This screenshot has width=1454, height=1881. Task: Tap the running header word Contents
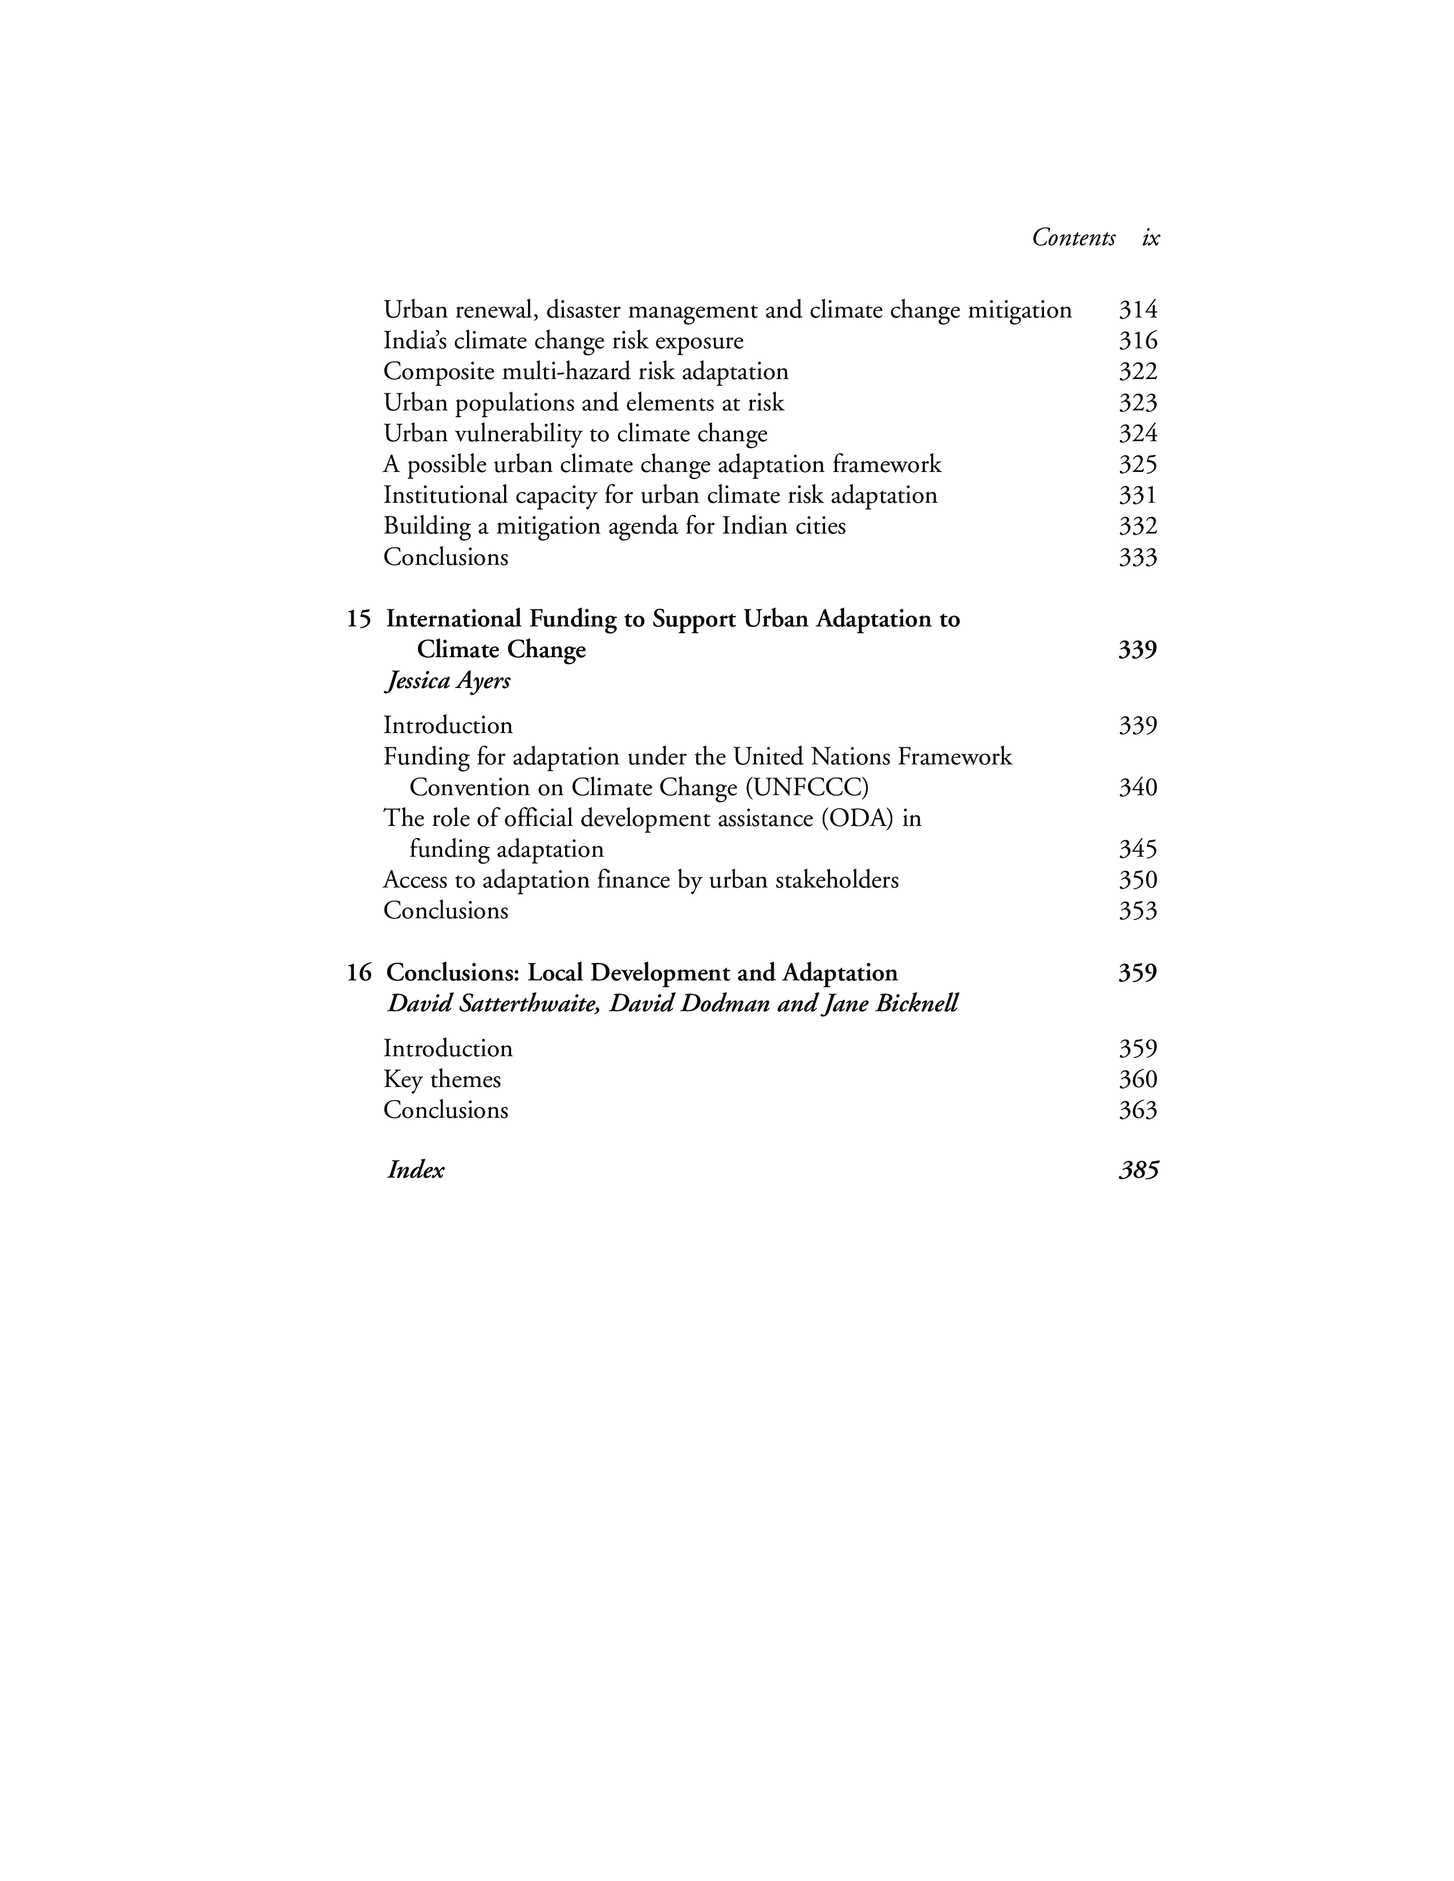click(x=1073, y=238)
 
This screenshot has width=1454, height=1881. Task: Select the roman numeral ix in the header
click(x=1151, y=238)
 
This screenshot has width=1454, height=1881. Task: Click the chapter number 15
click(x=358, y=619)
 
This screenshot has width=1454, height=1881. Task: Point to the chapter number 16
click(x=358, y=973)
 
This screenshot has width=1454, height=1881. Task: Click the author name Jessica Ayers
click(x=447, y=681)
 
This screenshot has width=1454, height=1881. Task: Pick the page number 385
click(x=1138, y=1170)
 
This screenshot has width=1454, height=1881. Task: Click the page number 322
click(x=1137, y=372)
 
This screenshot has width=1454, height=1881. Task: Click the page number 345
click(x=1137, y=850)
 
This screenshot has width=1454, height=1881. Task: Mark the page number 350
click(x=1137, y=880)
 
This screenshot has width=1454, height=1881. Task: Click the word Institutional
click(x=445, y=496)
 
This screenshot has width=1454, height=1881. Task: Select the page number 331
click(x=1137, y=496)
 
